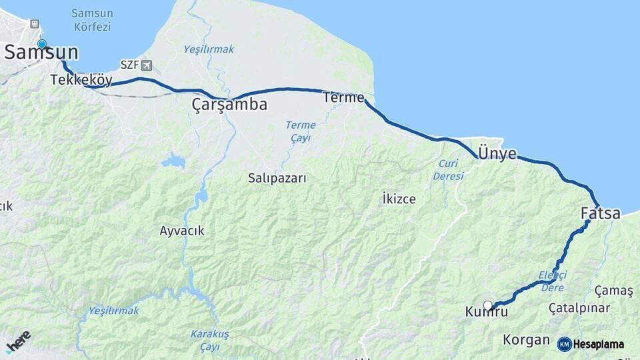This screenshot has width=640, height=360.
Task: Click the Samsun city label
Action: (x=41, y=53)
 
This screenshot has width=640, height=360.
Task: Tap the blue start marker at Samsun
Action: (x=42, y=44)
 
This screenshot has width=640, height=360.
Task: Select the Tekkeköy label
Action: (x=81, y=80)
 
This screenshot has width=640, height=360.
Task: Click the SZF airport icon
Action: (x=146, y=65)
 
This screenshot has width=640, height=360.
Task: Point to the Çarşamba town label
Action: (x=229, y=105)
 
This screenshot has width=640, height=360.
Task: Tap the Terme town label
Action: (x=343, y=97)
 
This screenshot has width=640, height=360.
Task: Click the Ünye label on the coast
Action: (x=497, y=153)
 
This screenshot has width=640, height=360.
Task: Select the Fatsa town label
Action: (x=600, y=213)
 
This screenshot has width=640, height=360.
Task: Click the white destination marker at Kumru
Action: (x=487, y=305)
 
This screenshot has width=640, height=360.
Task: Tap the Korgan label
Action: (x=526, y=339)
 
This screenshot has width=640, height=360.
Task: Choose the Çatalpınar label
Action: (x=579, y=308)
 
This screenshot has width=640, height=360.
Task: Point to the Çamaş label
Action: (x=613, y=291)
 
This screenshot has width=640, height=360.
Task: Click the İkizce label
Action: (x=399, y=199)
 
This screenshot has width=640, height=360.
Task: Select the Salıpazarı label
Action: (x=277, y=178)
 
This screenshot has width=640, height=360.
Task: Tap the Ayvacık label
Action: (x=182, y=231)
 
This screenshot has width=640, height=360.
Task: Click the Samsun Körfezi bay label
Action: (x=92, y=20)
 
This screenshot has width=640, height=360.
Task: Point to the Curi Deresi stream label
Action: (x=448, y=170)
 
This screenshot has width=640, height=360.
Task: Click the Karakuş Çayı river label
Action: (x=209, y=339)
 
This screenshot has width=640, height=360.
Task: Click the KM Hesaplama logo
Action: (x=591, y=344)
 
